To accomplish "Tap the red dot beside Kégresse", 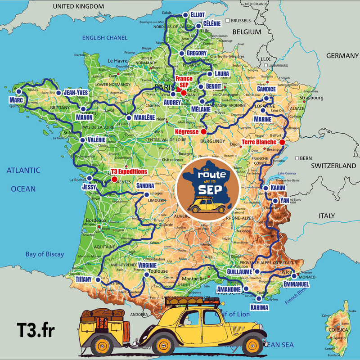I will coord(203,132).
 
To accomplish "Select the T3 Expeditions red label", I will coord(129,171).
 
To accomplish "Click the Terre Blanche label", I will coord(259,142).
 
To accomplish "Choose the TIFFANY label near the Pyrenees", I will coord(83,279).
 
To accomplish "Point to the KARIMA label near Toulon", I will coord(260,307).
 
